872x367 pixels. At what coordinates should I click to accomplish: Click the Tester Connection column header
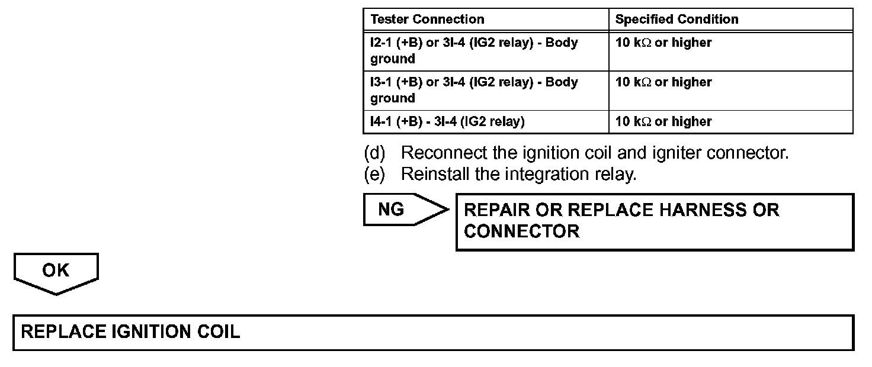427,19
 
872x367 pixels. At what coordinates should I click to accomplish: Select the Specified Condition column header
677,19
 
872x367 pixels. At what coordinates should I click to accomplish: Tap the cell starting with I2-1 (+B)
474,50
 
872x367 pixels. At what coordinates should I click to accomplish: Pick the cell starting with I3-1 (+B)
474,90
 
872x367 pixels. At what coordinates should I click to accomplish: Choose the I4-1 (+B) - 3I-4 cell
447,121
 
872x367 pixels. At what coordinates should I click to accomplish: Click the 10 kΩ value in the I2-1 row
663,43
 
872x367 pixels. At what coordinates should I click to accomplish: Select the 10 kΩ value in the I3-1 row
663,82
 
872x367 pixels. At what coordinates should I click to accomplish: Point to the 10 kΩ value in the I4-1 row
663,121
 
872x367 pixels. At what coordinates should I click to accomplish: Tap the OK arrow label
56,271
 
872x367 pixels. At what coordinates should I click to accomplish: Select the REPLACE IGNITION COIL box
433,332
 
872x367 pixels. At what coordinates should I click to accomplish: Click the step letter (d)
374,153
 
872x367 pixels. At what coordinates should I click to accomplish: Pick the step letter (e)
374,175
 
